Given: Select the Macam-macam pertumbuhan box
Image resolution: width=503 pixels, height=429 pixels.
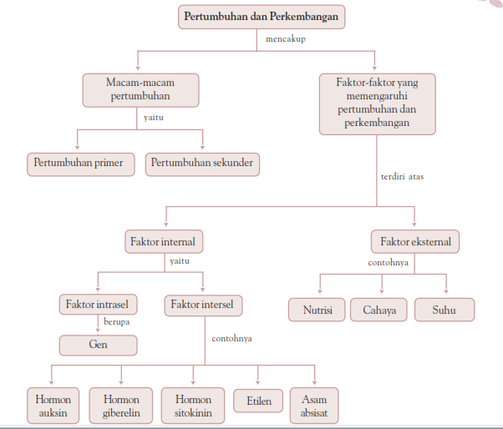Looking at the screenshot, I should [x=141, y=89].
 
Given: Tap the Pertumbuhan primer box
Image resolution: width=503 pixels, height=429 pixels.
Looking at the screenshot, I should [x=81, y=163].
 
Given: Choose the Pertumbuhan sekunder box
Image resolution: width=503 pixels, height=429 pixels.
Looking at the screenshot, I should [x=202, y=163].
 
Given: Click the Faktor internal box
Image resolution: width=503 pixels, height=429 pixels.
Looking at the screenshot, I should [x=164, y=242].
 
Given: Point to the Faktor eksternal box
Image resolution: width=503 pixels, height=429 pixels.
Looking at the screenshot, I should [x=415, y=242].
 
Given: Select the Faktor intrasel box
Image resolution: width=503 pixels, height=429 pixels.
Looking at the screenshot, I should [x=98, y=305].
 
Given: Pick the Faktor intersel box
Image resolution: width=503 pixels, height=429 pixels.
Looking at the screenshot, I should [x=203, y=305].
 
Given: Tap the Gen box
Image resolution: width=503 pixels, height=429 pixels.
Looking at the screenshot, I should [x=98, y=344].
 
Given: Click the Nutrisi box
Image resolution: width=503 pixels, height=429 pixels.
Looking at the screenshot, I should [x=317, y=310].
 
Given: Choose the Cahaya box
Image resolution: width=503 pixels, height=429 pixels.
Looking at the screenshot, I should [x=379, y=310].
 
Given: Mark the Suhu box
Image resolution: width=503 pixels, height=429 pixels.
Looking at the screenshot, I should [x=445, y=310].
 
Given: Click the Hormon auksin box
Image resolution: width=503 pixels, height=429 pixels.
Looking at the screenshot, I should [x=53, y=406].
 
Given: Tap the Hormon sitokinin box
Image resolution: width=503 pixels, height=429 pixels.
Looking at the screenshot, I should [x=193, y=406].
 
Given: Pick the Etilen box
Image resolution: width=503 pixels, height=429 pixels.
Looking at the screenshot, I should [x=258, y=401].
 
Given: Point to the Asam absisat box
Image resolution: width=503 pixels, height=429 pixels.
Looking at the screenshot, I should [x=315, y=406].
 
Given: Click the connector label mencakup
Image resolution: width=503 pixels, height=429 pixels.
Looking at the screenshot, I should [x=286, y=39].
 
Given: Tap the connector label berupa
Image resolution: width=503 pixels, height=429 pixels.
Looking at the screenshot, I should [x=117, y=320].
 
